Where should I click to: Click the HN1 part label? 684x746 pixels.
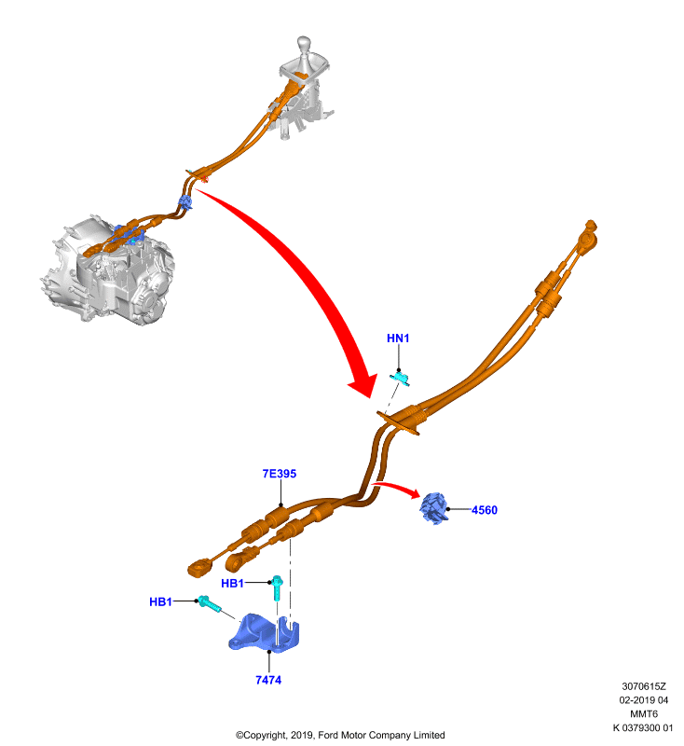coord(398,338)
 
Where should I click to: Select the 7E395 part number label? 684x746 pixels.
coord(280,474)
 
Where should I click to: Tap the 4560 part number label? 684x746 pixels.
coord(485,510)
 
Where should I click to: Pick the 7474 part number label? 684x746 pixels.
coord(268,681)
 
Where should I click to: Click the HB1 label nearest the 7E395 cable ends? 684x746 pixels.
coord(232,584)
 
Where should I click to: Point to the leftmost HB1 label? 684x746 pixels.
coord(160,601)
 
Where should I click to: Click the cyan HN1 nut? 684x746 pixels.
coord(400,379)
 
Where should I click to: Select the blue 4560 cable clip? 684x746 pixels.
coord(434,508)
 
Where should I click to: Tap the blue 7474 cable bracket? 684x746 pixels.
coord(265,634)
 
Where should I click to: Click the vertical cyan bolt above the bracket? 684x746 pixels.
coord(277,587)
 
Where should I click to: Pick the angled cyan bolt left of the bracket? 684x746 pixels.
coord(209,603)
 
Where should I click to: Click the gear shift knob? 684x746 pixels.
coord(304,44)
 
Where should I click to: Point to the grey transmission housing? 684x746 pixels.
coord(108,272)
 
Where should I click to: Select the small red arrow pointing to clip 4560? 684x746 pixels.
coord(396,489)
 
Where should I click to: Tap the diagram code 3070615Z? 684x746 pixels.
coord(644,686)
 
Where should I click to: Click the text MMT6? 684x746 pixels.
coord(644,714)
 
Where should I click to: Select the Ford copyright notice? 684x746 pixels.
coord(340,735)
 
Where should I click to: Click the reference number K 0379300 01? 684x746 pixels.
coord(643,728)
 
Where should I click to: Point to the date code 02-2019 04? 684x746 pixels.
coord(644,700)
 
